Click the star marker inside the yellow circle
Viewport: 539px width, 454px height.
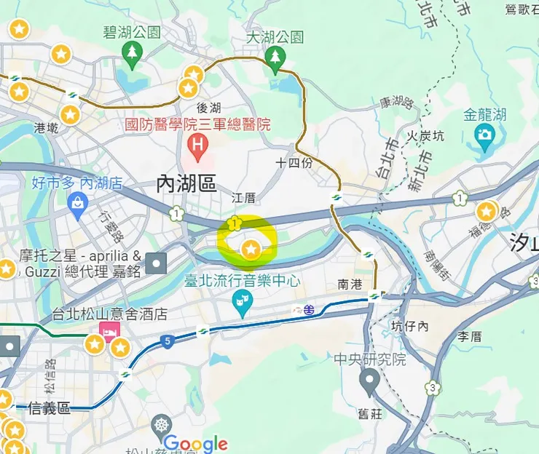point(251,250)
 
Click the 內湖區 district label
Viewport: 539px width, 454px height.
point(187,184)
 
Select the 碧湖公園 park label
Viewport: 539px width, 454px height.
point(132,33)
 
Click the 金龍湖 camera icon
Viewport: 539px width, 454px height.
point(484,135)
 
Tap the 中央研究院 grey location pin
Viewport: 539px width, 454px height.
point(369,380)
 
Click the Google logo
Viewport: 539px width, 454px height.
point(195,443)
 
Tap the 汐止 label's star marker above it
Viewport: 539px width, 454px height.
point(486,212)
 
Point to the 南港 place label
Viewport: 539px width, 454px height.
point(350,284)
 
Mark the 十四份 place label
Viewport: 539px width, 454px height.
point(294,162)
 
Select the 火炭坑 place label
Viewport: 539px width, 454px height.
point(425,136)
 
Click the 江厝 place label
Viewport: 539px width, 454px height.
point(244,198)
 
